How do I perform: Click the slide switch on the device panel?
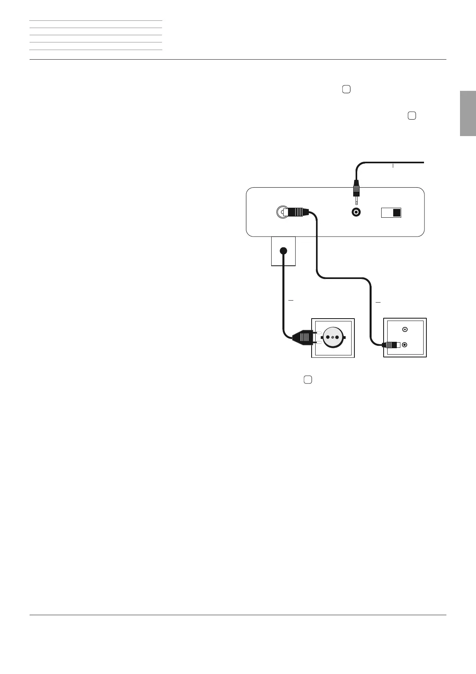tap(391, 213)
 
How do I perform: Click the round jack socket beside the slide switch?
tap(356, 213)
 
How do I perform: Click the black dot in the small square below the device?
tap(283, 251)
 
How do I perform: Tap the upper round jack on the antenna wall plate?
tap(405, 329)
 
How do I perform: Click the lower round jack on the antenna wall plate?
tap(405, 345)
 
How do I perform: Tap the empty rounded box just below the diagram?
tap(307, 380)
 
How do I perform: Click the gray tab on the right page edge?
tap(468, 114)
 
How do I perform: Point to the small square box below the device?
tap(283, 251)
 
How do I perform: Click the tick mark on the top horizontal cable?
tap(393, 165)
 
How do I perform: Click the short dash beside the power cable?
tap(291, 300)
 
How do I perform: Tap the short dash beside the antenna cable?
tap(378, 302)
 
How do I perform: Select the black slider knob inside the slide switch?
tap(396, 213)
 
